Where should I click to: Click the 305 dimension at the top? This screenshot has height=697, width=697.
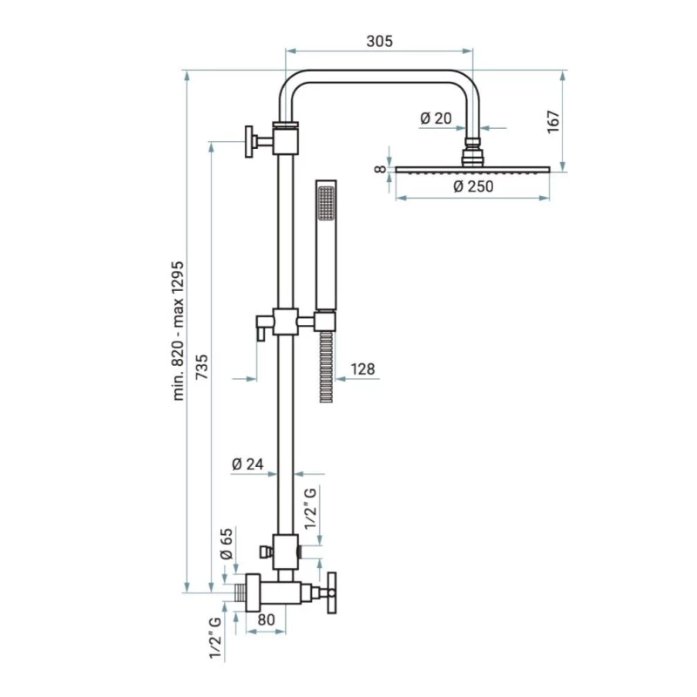point(380,42)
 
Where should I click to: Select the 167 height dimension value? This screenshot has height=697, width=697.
point(552,121)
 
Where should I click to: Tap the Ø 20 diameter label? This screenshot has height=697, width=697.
point(436,118)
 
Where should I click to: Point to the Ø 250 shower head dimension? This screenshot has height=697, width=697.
point(474,186)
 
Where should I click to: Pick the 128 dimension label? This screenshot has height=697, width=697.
point(362,369)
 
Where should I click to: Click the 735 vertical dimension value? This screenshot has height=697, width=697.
point(201,366)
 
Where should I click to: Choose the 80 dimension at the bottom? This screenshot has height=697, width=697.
point(267,621)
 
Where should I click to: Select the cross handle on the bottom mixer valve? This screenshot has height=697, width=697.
point(332,593)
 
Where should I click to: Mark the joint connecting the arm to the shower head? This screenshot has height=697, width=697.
point(472,152)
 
